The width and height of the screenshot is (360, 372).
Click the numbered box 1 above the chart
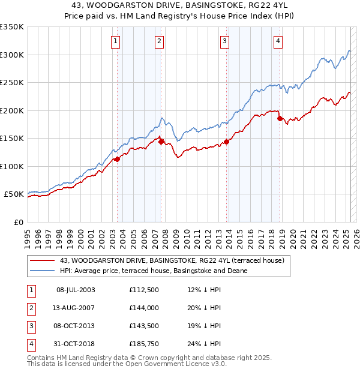point(115,41)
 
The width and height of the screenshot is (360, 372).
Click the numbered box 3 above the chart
point(224,41)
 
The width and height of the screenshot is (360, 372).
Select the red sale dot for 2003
point(118,159)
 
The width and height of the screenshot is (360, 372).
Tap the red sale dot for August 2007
point(161,142)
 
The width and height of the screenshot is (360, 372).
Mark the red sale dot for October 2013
point(227,142)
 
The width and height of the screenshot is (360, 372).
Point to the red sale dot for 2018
point(280,119)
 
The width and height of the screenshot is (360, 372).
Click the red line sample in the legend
point(42,260)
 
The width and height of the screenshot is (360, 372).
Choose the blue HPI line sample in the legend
point(42,271)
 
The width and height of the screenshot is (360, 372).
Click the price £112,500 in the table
point(143,290)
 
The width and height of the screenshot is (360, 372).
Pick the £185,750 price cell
point(143,344)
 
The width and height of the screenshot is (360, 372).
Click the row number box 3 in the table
point(31,326)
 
